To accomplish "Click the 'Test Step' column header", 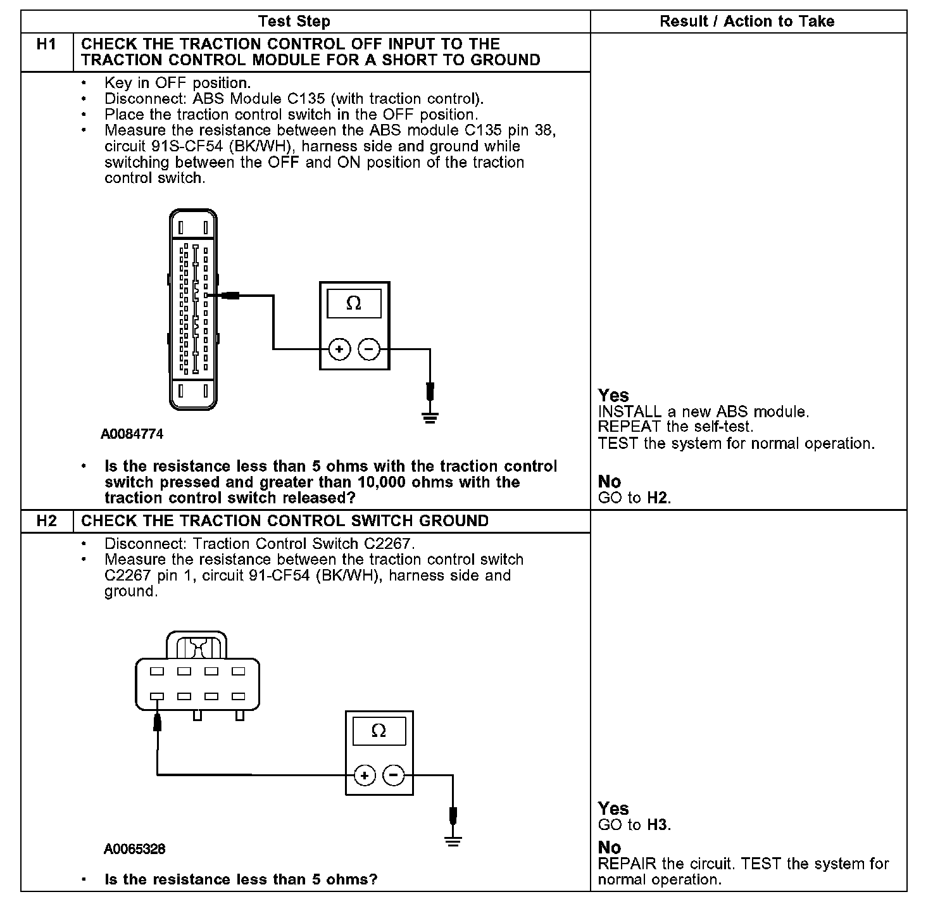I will [294, 22].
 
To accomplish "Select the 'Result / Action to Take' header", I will [747, 22].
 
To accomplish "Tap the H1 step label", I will [46, 44].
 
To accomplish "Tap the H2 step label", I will [46, 521].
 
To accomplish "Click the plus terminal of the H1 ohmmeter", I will [340, 349].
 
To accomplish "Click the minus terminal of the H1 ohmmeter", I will [369, 349].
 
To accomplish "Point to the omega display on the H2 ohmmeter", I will [379, 731].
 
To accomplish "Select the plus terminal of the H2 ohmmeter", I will [365, 775].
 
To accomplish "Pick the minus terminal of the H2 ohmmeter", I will [394, 775].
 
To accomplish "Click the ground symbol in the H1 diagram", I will [430, 417].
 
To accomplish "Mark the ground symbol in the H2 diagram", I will [453, 842].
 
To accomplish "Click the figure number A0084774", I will [132, 434].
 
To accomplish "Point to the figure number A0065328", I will [134, 849].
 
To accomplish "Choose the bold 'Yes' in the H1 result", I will [613, 396].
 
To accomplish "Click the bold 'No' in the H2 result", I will [610, 847].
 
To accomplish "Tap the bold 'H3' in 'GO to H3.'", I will [657, 825].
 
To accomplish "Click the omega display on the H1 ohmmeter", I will [354, 304].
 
